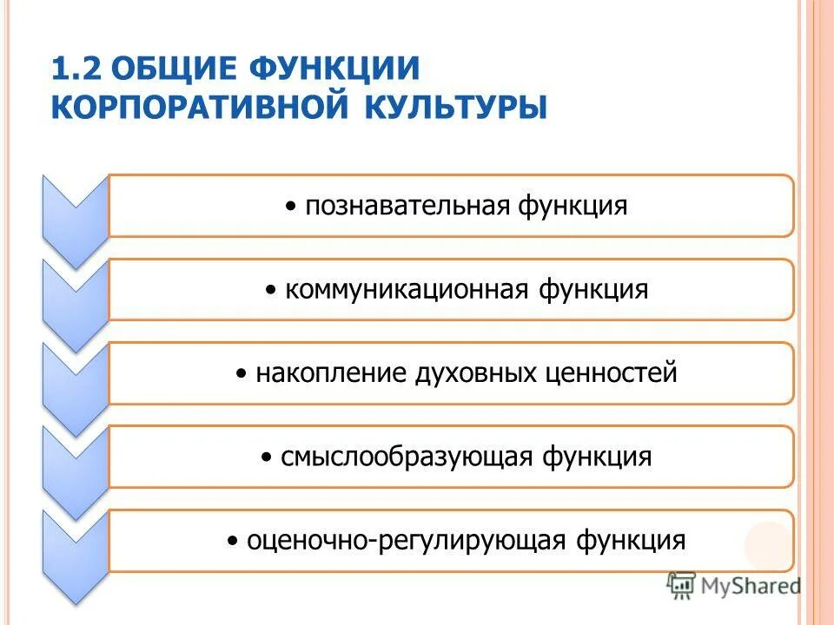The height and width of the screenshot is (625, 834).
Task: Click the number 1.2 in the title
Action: click(x=76, y=68)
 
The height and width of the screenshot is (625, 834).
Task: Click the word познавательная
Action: click(x=406, y=207)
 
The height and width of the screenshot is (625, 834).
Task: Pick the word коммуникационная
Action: click(x=405, y=290)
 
